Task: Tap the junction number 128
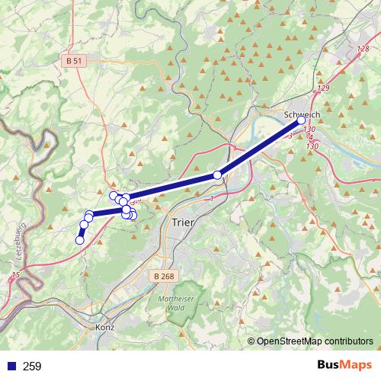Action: [x=363, y=49]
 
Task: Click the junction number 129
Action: [x=324, y=88]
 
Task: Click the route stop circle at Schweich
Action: [x=301, y=120]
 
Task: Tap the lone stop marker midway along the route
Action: [x=217, y=175]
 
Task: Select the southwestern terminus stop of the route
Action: [x=79, y=240]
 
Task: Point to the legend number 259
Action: [x=32, y=367]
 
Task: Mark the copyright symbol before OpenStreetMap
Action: [x=251, y=342]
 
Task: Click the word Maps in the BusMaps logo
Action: [x=355, y=366]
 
